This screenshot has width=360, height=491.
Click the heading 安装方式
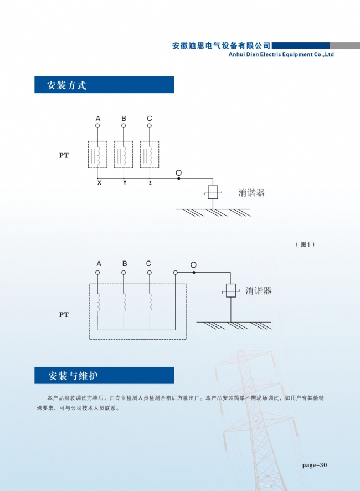[x=66, y=85]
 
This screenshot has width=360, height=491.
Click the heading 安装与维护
[x=73, y=375]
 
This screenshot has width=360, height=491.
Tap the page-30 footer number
[x=315, y=465]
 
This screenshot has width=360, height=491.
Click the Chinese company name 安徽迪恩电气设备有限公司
[x=221, y=45]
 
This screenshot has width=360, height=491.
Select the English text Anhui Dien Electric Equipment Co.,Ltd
[x=281, y=54]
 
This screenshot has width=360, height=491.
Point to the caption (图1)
[x=305, y=244]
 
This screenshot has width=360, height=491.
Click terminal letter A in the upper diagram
[x=98, y=119]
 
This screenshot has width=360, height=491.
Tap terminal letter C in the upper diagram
[x=150, y=119]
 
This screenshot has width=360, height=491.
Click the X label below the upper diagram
[x=99, y=183]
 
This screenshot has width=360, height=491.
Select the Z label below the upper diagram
[x=150, y=183]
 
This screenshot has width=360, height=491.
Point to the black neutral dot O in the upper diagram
[x=179, y=178]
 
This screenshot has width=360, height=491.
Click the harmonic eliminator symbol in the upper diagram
[x=213, y=192]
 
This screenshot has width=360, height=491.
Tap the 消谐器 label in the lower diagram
[x=258, y=291]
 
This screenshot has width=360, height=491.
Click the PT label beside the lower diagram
[x=64, y=315]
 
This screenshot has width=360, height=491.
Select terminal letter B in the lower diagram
[x=125, y=264]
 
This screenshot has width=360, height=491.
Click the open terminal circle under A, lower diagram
[x=97, y=273]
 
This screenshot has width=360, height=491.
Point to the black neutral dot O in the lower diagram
[x=194, y=273]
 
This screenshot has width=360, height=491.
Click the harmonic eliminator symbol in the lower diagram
[x=231, y=291]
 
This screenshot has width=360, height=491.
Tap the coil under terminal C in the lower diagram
[x=150, y=303]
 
